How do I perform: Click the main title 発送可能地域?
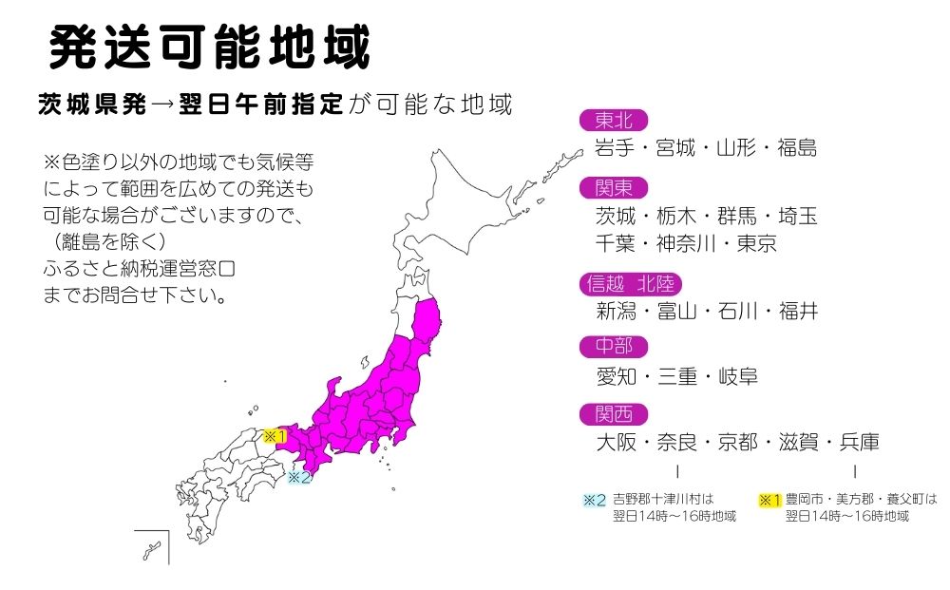point(208,47)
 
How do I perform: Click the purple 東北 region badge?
point(613,120)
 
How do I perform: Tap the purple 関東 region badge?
point(613,188)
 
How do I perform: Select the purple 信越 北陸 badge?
point(630,284)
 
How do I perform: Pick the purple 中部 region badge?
point(613,347)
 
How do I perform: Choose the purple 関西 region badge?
point(613,414)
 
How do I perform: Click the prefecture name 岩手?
point(614,148)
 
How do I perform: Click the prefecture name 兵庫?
point(858,443)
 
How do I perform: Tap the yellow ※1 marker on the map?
point(275,436)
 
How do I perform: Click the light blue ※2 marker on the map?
point(299,477)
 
